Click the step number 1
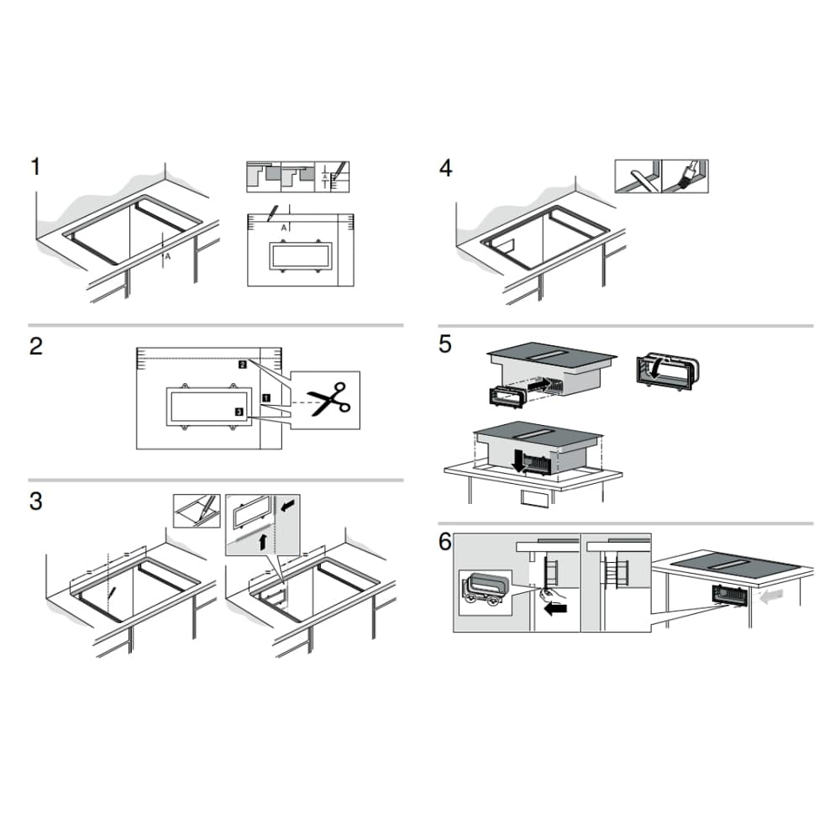click(35, 166)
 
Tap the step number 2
click(36, 346)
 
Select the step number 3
click(36, 501)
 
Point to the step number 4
click(446, 168)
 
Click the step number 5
click(445, 344)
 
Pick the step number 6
click(445, 542)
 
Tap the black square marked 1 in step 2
click(266, 398)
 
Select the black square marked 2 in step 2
click(243, 365)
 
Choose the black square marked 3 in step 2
click(239, 412)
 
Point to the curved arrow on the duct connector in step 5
click(656, 367)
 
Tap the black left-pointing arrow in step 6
click(555, 609)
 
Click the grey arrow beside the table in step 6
click(771, 596)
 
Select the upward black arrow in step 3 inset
click(262, 542)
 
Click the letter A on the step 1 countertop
click(168, 256)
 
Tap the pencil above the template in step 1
click(273, 213)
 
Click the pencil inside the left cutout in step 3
click(112, 593)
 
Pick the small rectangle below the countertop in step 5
click(535, 497)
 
